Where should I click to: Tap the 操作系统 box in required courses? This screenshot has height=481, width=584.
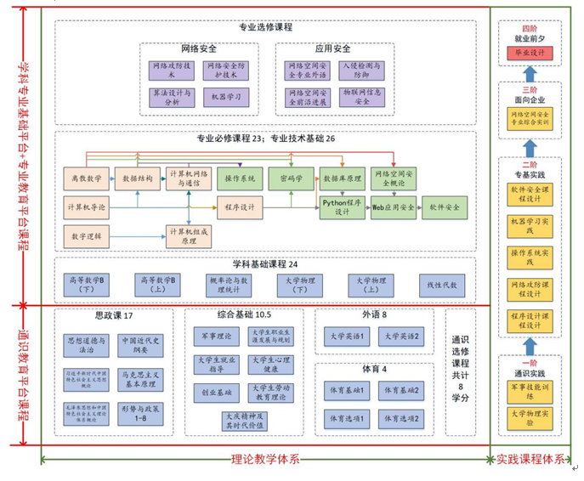pyautogui.click(x=240, y=179)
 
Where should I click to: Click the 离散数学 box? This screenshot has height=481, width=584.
pyautogui.click(x=87, y=178)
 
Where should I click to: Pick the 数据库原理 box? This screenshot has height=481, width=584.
pyautogui.click(x=343, y=179)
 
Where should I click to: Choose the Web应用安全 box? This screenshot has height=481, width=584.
pyautogui.click(x=394, y=207)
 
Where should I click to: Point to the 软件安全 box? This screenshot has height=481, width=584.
pyautogui.click(x=445, y=207)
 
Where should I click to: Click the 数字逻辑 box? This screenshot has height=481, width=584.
pyautogui.click(x=87, y=235)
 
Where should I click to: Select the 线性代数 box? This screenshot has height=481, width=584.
pyautogui.click(x=442, y=286)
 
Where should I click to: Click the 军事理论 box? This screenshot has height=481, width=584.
pyautogui.click(x=217, y=337)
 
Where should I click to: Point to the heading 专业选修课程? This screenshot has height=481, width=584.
pyautogui.click(x=266, y=28)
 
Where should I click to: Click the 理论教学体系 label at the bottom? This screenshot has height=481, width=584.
pyautogui.click(x=265, y=460)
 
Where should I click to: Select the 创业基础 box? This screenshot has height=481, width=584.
pyautogui.click(x=217, y=393)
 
